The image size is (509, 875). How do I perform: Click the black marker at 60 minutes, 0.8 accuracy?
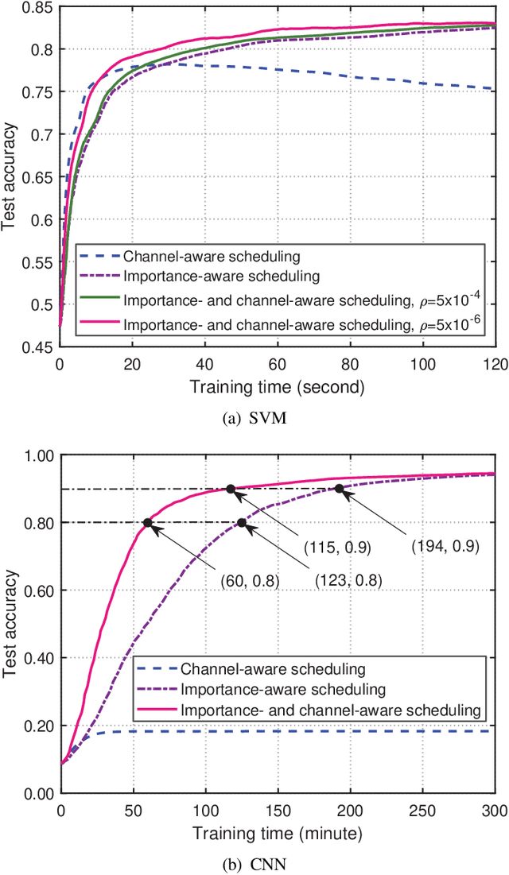point(148,523)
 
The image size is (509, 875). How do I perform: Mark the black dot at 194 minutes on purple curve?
point(340,489)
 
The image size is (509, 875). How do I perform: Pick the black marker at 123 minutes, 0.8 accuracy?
point(242,523)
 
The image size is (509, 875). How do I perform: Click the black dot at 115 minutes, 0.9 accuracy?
point(231,489)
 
